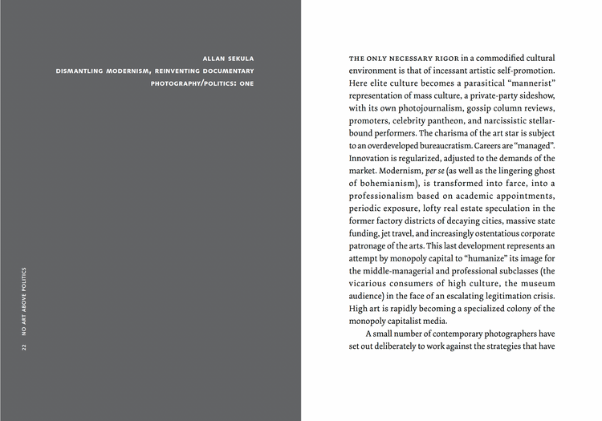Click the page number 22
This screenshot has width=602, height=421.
[25, 347]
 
